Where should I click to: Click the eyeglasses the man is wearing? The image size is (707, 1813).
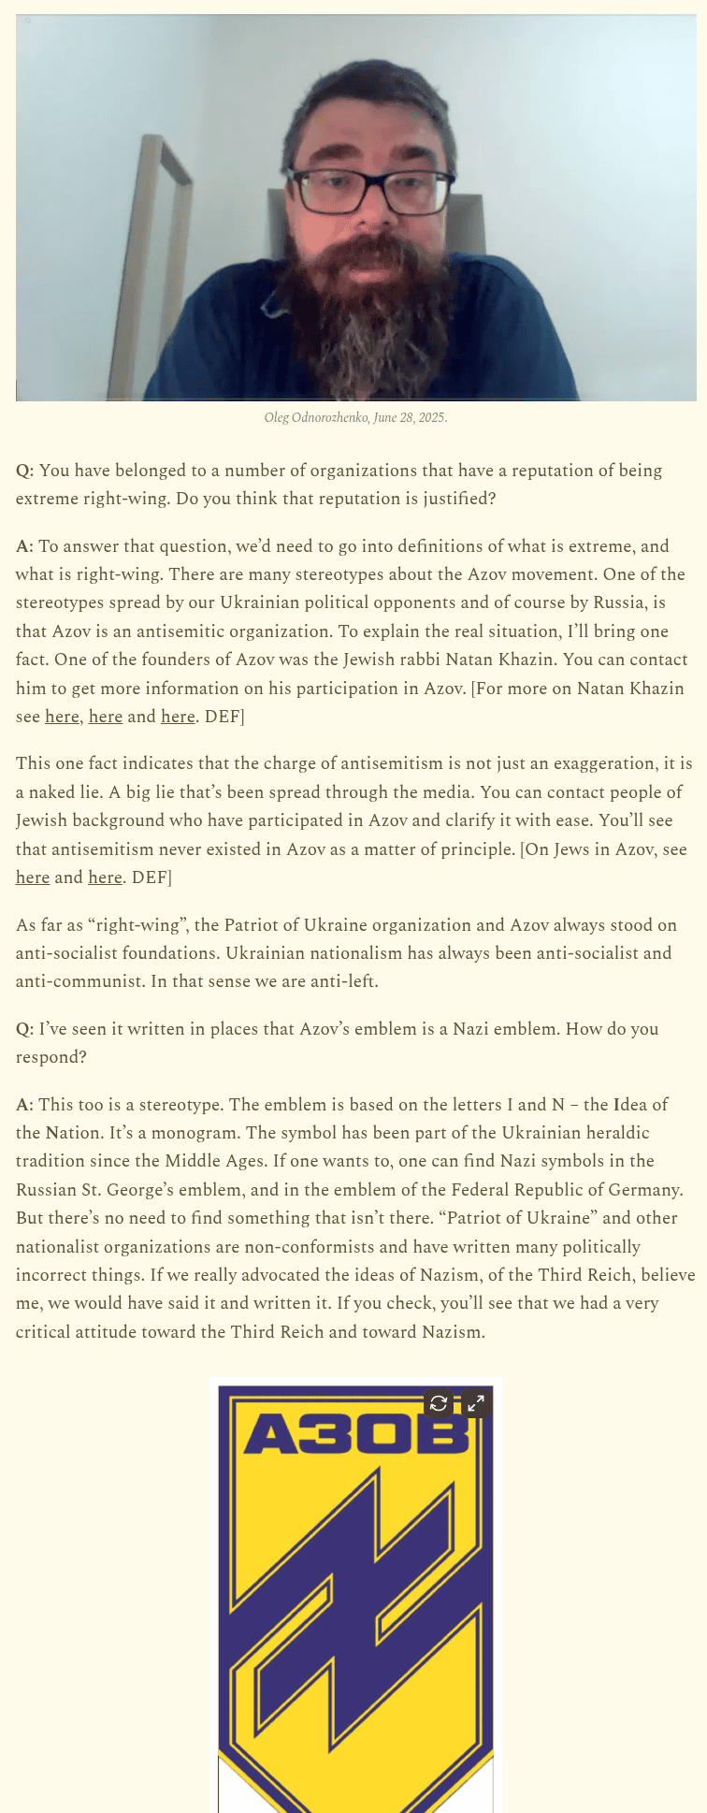point(372,190)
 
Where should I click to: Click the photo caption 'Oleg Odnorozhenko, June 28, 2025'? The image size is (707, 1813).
point(355,417)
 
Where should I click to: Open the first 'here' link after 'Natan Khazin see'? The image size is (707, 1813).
point(62,717)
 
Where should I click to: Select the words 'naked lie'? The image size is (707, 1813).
point(70,792)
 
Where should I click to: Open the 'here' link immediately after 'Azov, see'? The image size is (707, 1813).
point(33,877)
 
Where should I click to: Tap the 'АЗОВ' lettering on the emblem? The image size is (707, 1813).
point(355,1433)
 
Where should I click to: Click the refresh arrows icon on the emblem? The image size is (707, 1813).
point(439,1403)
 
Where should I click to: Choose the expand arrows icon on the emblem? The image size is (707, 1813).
point(476,1403)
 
